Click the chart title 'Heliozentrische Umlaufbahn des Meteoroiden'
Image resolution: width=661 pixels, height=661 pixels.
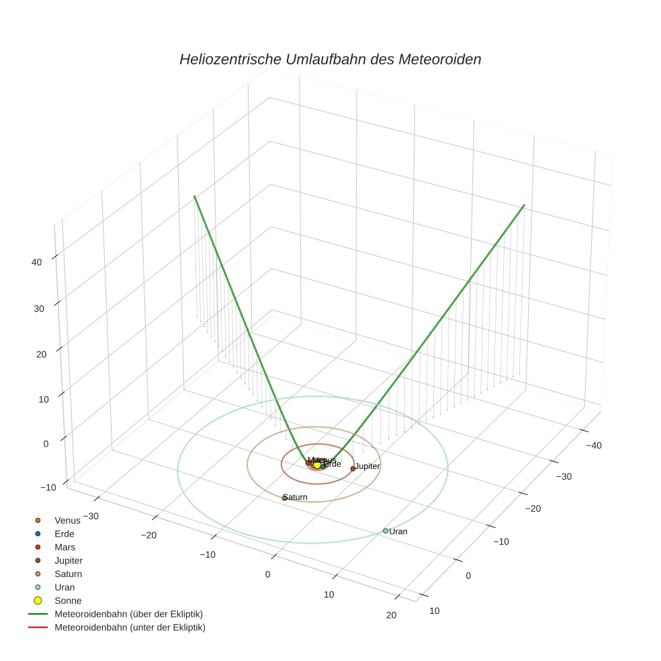(x=330, y=59)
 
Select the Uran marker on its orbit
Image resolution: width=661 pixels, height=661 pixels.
(x=386, y=531)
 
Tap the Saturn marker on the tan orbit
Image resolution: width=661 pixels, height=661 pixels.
(x=285, y=498)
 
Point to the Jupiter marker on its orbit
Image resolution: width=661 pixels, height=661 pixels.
(x=353, y=468)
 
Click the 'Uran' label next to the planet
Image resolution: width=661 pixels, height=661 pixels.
(x=398, y=531)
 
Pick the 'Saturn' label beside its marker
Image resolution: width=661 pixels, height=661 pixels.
(x=297, y=497)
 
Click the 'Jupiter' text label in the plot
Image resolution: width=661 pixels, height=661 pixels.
(x=367, y=466)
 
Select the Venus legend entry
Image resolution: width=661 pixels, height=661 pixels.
(x=67, y=520)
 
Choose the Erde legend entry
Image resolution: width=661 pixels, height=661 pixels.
(x=64, y=533)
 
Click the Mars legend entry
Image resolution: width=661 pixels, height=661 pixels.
(x=64, y=547)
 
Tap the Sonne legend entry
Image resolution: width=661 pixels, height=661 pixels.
(x=68, y=601)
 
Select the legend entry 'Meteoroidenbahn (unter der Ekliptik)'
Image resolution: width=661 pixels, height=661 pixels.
(x=130, y=627)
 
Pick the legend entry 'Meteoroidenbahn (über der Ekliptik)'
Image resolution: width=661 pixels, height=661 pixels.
(x=128, y=614)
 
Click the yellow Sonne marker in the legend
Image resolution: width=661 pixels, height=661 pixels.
(x=38, y=601)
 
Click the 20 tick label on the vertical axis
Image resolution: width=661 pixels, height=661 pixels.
(x=41, y=354)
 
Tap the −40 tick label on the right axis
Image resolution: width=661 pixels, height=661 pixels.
(x=593, y=445)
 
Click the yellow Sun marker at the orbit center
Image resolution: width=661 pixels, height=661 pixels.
(x=317, y=465)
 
